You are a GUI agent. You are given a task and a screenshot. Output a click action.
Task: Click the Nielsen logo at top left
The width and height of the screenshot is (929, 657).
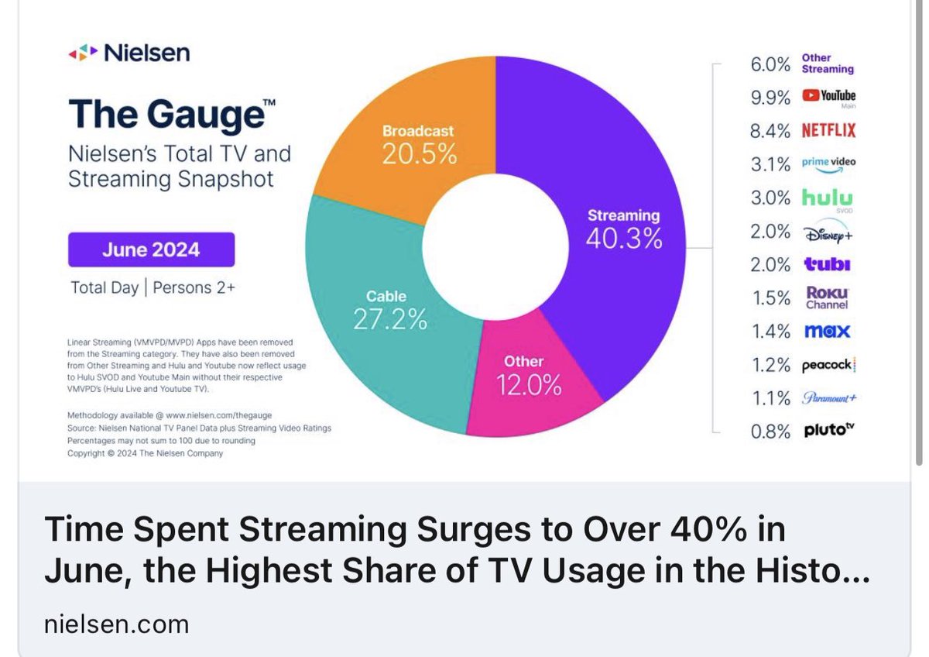coord(129,53)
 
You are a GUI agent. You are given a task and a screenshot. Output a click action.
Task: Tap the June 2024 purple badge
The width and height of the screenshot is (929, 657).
coord(151,250)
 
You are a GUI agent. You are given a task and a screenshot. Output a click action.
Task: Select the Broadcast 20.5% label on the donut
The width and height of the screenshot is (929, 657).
coord(418,145)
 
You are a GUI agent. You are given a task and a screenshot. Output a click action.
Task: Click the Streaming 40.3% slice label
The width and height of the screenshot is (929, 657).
coord(623,228)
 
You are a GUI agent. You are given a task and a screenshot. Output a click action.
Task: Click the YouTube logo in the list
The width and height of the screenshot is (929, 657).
coord(828,96)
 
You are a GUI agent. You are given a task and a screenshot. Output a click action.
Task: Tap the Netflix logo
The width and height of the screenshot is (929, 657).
coord(828,130)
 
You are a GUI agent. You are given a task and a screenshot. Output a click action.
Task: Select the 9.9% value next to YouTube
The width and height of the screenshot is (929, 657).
coord(770,97)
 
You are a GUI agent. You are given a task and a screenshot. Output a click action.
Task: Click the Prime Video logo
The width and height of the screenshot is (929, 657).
coord(828,163)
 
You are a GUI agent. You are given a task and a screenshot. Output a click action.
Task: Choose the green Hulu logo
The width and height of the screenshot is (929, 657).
coord(827,197)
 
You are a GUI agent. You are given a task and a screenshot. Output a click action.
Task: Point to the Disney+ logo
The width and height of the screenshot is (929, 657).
coord(828,232)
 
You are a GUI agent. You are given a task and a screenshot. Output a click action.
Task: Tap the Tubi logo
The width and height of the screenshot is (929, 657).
coord(827,264)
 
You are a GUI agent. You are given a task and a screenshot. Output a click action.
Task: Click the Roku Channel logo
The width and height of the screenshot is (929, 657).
coord(828,298)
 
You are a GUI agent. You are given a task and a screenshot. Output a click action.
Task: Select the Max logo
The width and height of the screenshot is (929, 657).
coord(827,332)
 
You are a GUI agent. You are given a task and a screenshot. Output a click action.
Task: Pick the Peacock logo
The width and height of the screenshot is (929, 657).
coord(828,365)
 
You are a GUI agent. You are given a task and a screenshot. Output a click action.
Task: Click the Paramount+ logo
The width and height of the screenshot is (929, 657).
coord(828,398)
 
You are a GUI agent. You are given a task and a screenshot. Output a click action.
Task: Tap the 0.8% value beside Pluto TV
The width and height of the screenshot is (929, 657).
coord(770,432)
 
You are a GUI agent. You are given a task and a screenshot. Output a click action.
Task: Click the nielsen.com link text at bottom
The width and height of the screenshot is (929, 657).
coord(116,624)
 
